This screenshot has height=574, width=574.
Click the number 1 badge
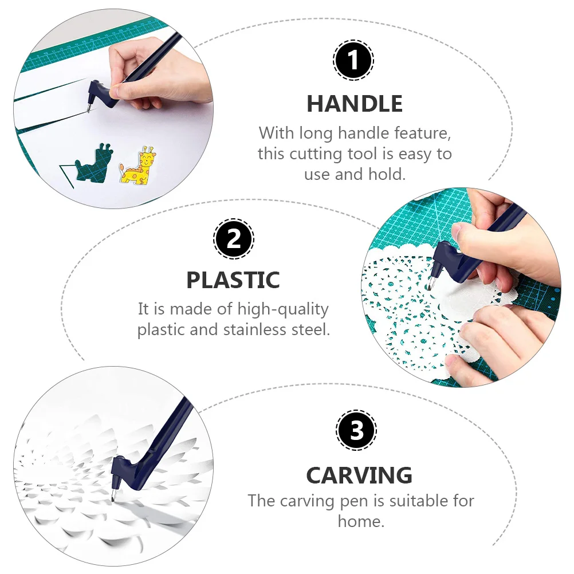353,60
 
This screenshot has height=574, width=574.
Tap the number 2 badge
234,238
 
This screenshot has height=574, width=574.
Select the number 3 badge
356,430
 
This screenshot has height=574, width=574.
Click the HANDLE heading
355,104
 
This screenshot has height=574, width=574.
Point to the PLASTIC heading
233,280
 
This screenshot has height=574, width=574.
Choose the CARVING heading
359,475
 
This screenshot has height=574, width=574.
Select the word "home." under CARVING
360,521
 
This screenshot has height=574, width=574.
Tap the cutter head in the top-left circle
95,92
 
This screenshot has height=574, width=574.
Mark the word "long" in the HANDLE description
317,133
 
